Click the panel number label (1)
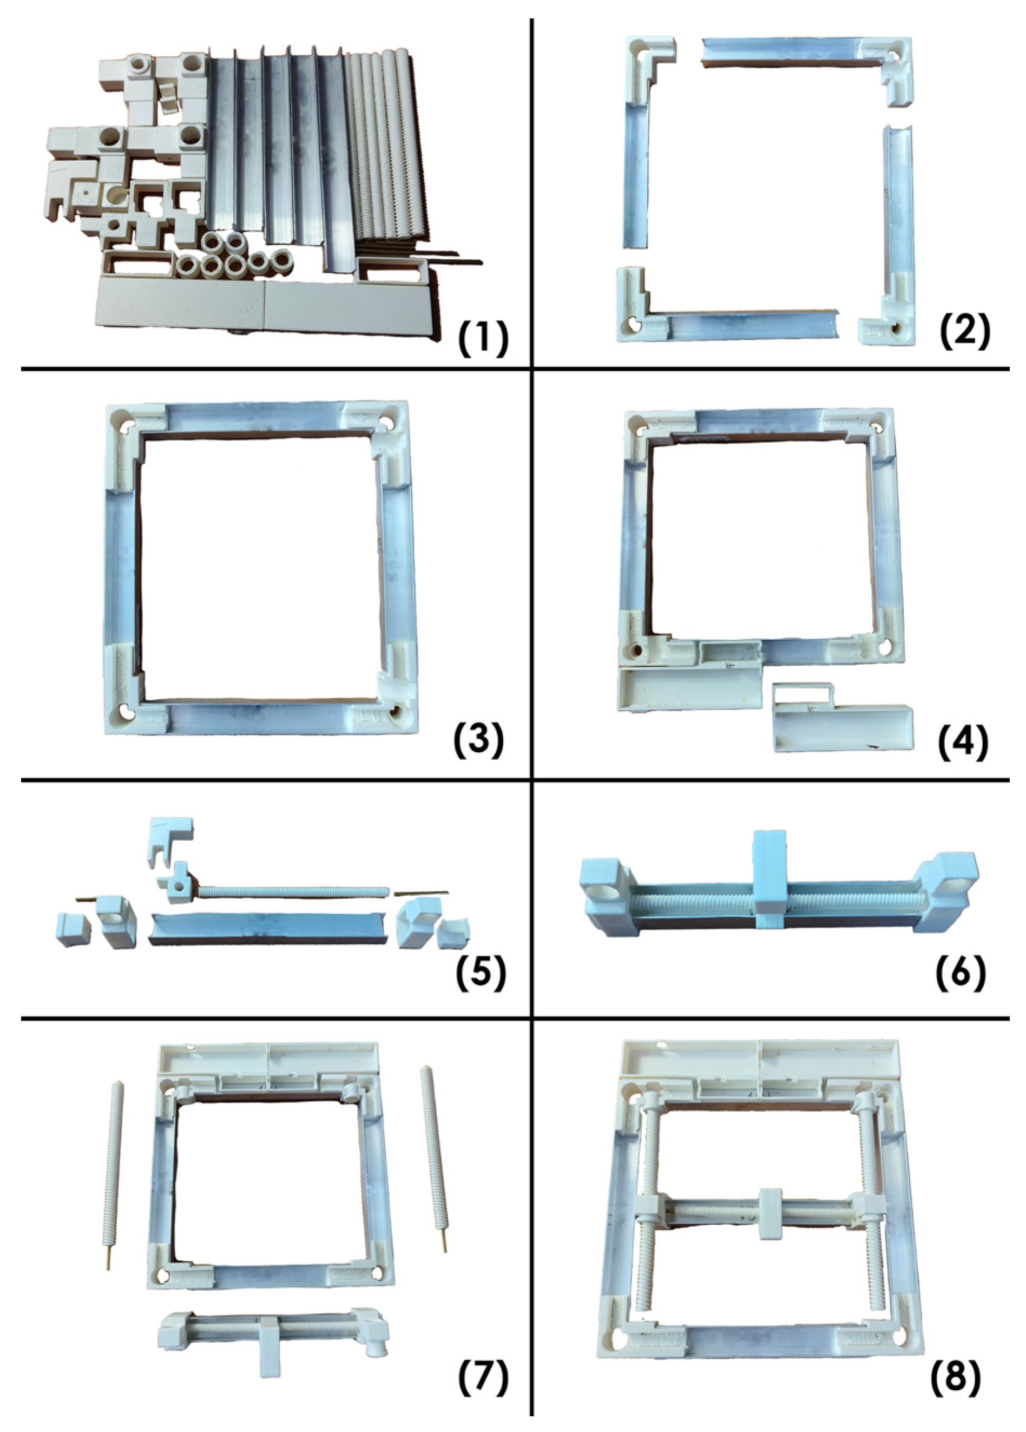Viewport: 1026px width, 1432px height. click(482, 339)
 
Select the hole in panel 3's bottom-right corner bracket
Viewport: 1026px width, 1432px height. click(396, 712)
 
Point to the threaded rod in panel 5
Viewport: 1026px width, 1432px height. click(294, 891)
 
